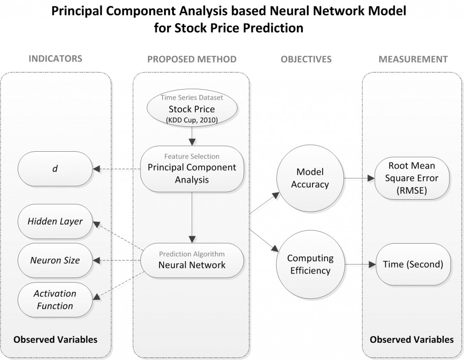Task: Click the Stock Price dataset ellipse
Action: pos(191,109)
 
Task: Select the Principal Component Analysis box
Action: pos(192,168)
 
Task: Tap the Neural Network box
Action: pos(192,261)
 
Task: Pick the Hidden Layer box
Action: pos(55,221)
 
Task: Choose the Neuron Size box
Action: pos(55,260)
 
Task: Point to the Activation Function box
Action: pos(55,299)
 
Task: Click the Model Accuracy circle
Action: pos(309,178)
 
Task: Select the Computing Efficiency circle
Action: pos(309,264)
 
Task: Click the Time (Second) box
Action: pos(413,264)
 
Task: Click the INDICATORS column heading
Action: pos(55,58)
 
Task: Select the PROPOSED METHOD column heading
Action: pos(192,59)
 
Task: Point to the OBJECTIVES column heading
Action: pos(306,59)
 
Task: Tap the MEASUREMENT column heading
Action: pos(413,59)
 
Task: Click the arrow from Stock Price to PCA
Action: pos(192,134)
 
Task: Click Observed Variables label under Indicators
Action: pos(55,339)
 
